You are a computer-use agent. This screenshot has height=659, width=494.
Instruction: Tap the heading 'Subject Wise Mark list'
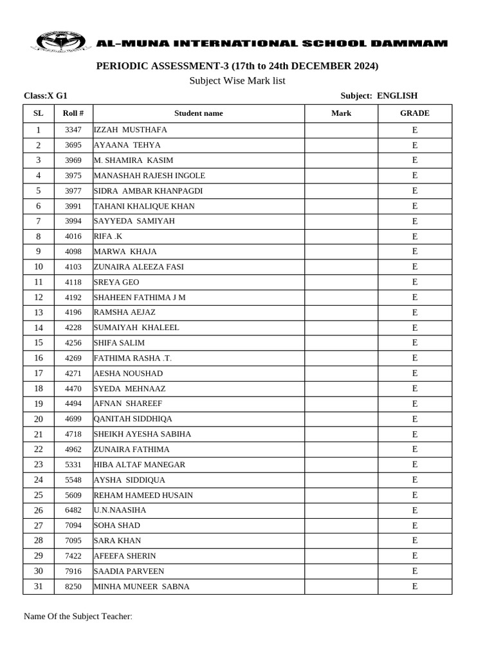tap(237, 80)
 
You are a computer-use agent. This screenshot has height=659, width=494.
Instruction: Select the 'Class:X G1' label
tap(46, 96)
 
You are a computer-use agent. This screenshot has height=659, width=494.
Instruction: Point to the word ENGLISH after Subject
tap(397, 96)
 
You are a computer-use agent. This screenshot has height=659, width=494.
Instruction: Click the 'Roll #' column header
tap(73, 113)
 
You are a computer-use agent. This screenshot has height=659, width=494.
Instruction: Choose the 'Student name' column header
tap(198, 113)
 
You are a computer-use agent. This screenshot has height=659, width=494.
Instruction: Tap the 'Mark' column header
tap(341, 113)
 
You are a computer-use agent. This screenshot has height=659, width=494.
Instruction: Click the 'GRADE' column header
tap(415, 113)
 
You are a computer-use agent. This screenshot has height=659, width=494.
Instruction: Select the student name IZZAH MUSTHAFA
tap(130, 130)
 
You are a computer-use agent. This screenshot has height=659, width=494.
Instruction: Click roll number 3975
tap(73, 176)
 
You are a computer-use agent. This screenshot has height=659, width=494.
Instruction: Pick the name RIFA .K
tap(108, 236)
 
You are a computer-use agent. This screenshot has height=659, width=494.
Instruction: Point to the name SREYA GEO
tap(116, 282)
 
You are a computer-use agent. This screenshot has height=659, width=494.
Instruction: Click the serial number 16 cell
tap(39, 358)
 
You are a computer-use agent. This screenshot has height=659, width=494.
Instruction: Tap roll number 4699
tap(73, 419)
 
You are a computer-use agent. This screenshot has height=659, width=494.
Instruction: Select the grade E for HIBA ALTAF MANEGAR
tap(415, 465)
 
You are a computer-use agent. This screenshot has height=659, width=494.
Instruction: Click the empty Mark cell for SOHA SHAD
tap(341, 525)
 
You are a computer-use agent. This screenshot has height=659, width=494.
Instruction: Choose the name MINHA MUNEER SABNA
tap(142, 586)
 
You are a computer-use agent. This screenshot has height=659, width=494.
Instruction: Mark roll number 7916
tap(73, 571)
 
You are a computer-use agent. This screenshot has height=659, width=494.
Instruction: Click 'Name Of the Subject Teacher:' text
tap(78, 617)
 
